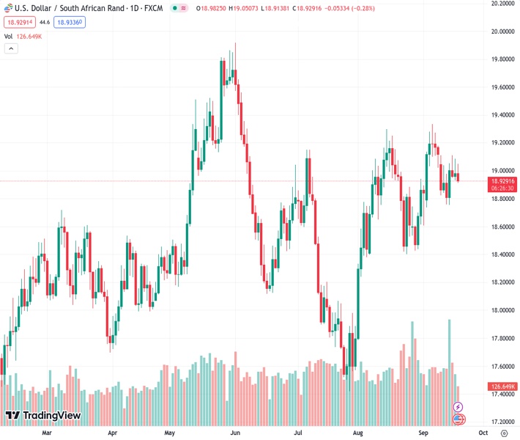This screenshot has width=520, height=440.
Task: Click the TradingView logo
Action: pyautogui.click(x=42, y=416)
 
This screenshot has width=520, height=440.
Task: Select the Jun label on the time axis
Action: pyautogui.click(x=235, y=433)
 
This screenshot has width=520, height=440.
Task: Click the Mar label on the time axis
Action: pyautogui.click(x=47, y=433)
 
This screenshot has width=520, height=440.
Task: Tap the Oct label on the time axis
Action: pyautogui.click(x=485, y=433)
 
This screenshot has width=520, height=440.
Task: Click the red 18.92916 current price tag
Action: pyautogui.click(x=502, y=180)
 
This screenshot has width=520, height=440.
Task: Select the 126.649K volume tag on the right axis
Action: pyautogui.click(x=502, y=386)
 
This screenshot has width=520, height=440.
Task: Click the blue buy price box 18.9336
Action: pyautogui.click(x=69, y=23)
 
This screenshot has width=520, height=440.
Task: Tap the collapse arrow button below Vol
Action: pyautogui.click(x=11, y=48)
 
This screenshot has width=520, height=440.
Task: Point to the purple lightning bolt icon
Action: pyautogui.click(x=458, y=407)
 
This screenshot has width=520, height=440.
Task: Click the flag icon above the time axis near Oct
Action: pyautogui.click(x=458, y=419)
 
